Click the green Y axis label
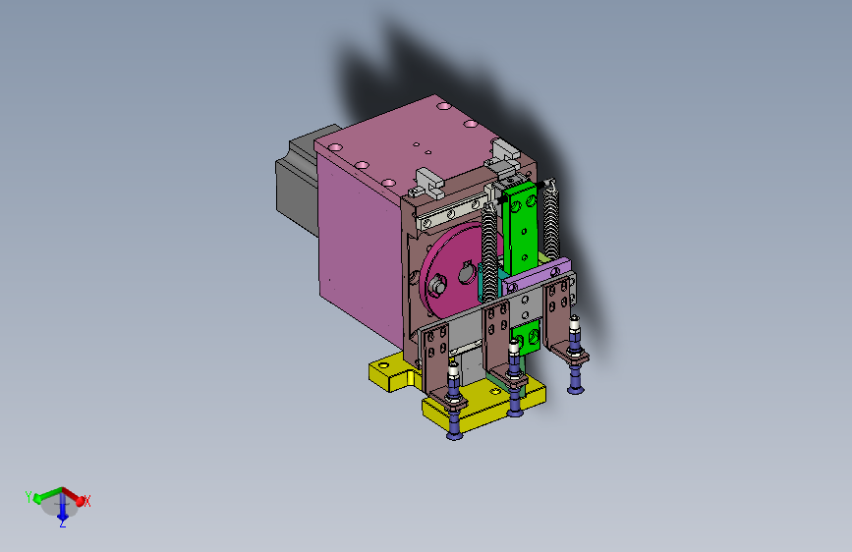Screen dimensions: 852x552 [x=28, y=497]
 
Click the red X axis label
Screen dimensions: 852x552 [x=86, y=501]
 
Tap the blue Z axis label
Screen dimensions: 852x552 [x=63, y=524]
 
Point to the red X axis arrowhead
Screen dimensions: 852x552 [x=81, y=501]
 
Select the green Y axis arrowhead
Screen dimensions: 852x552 [x=37, y=498]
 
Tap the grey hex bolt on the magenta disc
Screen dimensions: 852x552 [x=437, y=284]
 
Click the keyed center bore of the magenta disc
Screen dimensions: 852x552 [x=466, y=273]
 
